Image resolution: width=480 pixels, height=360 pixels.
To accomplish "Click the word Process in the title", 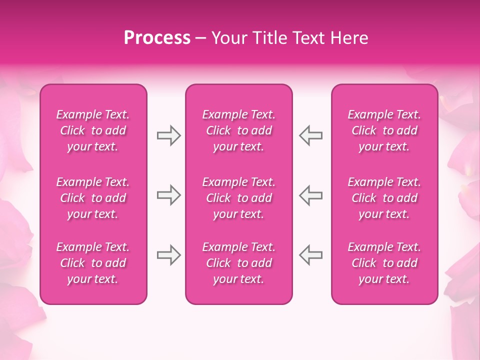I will click(157, 38).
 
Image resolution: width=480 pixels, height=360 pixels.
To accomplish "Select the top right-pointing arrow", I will click(168, 135).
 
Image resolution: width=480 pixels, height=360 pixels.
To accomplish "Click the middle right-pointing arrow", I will click(168, 195).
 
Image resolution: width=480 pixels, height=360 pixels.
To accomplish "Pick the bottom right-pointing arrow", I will click(168, 254).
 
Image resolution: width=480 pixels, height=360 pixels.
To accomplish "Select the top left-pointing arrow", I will click(310, 135).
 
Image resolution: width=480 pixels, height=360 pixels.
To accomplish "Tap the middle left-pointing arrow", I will click(310, 195).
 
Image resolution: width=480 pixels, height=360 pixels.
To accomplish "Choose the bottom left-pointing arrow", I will click(310, 254).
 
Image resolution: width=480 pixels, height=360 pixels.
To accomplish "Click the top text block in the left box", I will click(93, 130).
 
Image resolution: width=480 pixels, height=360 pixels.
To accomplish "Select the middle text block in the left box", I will click(93, 198).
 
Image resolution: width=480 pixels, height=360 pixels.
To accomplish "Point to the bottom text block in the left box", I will click(93, 263).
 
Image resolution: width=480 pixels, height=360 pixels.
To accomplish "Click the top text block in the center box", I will click(238, 130).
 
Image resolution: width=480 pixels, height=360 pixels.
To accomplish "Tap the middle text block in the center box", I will click(238, 198).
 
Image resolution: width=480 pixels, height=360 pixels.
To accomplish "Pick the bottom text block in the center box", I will click(238, 263).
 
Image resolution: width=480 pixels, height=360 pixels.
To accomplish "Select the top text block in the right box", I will click(384, 130).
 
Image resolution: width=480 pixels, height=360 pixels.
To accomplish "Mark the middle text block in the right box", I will click(384, 198).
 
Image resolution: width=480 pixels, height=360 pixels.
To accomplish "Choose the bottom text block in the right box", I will click(384, 263).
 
